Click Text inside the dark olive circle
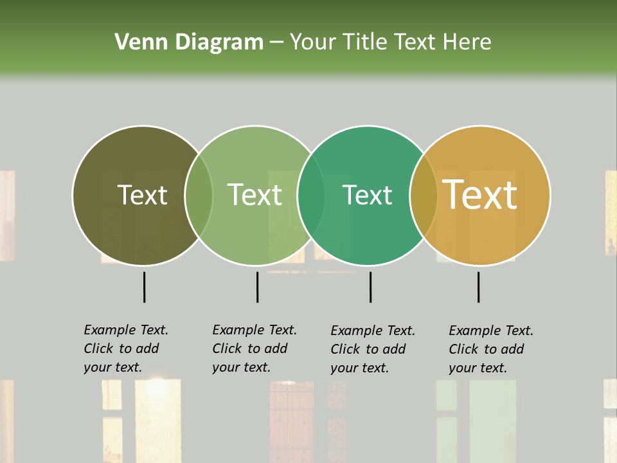coord(142,195)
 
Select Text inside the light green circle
coord(255,195)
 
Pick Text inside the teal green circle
coord(367,195)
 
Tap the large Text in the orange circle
coord(480,195)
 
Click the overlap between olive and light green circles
coord(198,195)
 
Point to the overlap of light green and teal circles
coord(311,195)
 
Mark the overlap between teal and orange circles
coord(424,195)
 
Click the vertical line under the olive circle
coord(145,287)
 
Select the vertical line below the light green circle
coord(257,287)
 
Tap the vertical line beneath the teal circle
coord(370,287)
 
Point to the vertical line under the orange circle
coord(479,287)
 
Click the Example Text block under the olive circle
coord(126,349)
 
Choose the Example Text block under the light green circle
coord(255,349)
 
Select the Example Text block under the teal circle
coord(373,349)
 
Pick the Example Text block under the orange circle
coord(491,349)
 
